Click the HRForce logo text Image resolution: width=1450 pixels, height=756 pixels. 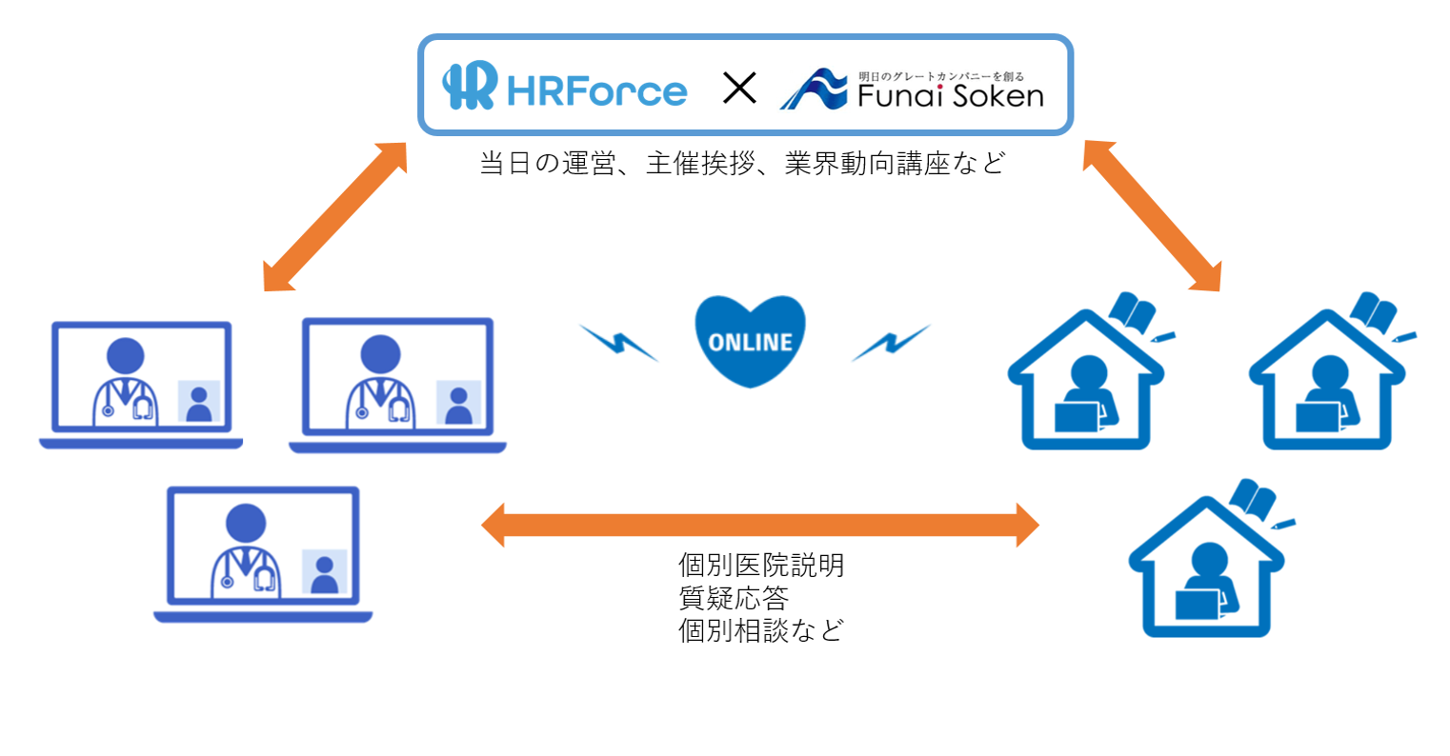tap(596, 91)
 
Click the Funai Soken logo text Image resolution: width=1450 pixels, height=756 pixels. tap(950, 94)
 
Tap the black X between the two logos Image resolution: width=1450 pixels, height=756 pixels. tap(739, 89)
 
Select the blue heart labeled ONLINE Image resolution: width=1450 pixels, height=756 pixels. tap(750, 340)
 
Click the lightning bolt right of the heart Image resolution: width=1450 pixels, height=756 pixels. tap(890, 343)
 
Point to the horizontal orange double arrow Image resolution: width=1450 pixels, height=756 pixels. tap(759, 525)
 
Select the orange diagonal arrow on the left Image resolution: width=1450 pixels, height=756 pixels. tap(334, 216)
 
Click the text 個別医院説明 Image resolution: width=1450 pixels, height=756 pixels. tap(760, 566)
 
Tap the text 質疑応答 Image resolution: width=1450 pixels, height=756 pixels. tap(733, 598)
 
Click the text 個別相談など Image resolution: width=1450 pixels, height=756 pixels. tap(760, 630)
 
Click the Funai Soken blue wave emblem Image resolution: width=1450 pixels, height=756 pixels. tap(813, 90)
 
